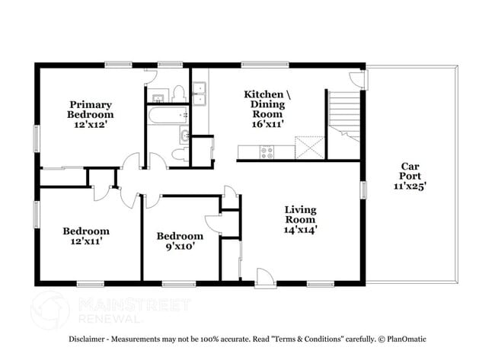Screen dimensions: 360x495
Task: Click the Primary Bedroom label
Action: pos(91,110)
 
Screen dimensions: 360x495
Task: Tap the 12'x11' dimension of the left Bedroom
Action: pos(85,241)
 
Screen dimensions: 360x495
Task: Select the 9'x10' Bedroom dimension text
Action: pos(180,247)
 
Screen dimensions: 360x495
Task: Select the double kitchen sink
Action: pos(200,97)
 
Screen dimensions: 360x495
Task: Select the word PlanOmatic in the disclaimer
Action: pos(404,339)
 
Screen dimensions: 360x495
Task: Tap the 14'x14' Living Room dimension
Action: pos(301,228)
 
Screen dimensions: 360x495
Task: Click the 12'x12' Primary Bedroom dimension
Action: pos(91,125)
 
